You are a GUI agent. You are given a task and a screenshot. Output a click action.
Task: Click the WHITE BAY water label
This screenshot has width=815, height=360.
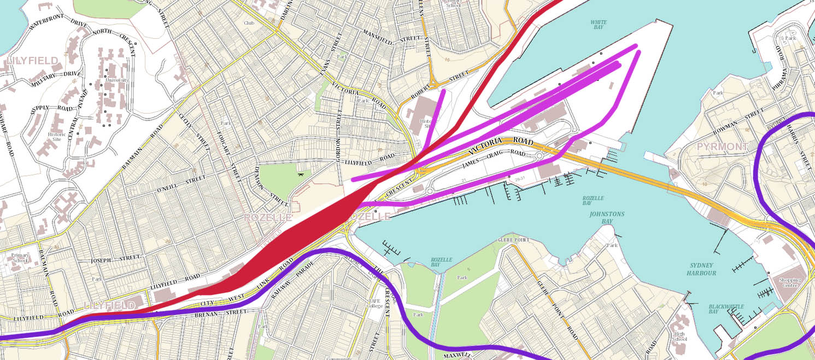(599, 25)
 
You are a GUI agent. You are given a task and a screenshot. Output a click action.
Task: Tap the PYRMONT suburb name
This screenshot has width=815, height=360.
(723, 147)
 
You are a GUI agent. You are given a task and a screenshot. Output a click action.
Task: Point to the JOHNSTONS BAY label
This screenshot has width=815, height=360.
(606, 214)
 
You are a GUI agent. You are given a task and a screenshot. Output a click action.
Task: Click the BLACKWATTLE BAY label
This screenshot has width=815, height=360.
(726, 309)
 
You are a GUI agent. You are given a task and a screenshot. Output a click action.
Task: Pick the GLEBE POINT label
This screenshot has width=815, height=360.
(513, 240)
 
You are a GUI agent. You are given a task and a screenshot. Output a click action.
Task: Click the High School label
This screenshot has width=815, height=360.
(679, 336)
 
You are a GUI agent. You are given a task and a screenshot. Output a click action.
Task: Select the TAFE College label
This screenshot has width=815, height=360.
(374, 303)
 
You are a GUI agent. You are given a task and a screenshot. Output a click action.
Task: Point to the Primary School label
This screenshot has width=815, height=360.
(20, 257)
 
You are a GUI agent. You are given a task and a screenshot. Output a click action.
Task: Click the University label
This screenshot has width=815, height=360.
(117, 80)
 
